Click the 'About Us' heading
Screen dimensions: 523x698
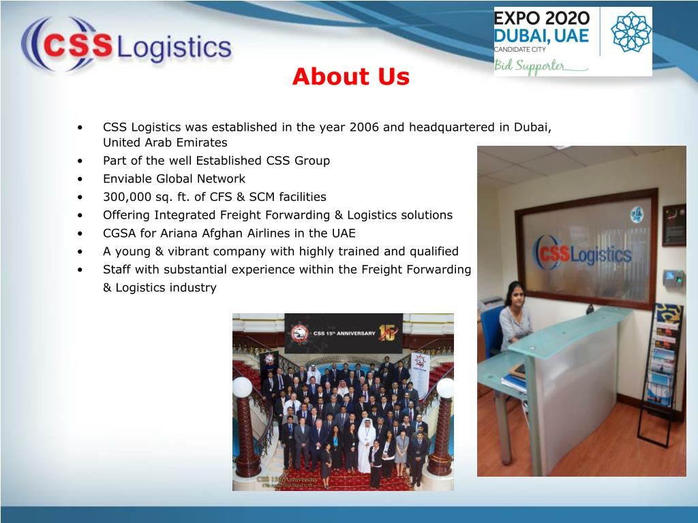click(x=351, y=77)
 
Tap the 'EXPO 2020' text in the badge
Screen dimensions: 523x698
click(x=541, y=18)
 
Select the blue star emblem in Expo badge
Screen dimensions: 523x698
click(x=631, y=32)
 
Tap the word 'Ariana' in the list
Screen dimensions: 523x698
click(x=183, y=233)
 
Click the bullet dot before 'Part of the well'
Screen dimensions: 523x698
click(x=81, y=161)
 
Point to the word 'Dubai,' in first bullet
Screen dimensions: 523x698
click(x=532, y=127)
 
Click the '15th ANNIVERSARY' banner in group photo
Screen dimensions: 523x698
click(x=344, y=333)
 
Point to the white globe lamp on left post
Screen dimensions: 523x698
click(x=242, y=387)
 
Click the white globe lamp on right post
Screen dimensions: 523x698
click(x=444, y=388)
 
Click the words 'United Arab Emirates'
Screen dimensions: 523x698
click(x=165, y=143)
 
